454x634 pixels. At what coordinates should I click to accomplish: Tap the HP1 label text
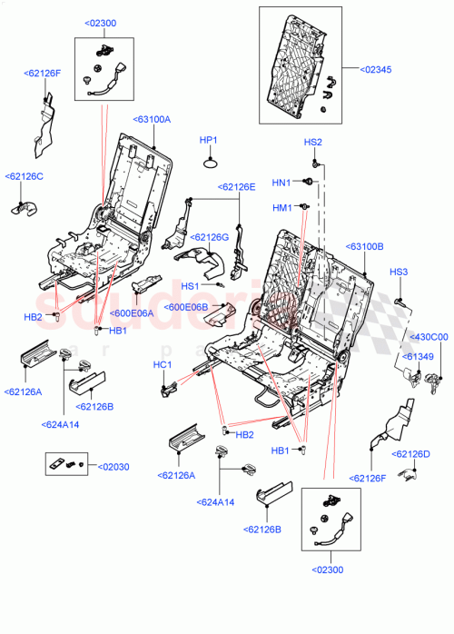click(209, 140)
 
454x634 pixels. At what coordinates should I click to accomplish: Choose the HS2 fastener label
click(312, 142)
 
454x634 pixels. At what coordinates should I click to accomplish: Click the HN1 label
click(281, 182)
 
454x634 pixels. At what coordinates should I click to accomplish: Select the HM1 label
click(282, 208)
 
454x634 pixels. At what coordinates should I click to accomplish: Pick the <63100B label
click(364, 246)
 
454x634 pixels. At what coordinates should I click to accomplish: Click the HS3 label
click(399, 272)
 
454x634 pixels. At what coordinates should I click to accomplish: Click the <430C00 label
click(429, 337)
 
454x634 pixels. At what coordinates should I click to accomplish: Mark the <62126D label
click(410, 453)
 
